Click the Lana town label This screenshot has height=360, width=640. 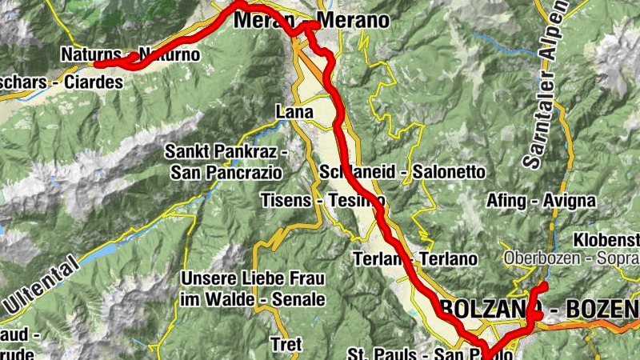(x=294, y=112)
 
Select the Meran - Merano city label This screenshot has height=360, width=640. (x=311, y=21)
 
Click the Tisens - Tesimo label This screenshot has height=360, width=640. (x=322, y=200)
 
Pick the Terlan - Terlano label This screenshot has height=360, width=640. (x=414, y=258)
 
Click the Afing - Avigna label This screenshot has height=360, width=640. (x=541, y=200)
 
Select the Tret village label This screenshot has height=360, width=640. (x=286, y=345)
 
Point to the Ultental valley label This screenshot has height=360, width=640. (x=43, y=284)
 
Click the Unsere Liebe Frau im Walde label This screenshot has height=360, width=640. (x=254, y=289)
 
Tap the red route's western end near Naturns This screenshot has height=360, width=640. (x=96, y=64)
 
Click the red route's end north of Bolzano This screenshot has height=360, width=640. (x=543, y=286)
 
